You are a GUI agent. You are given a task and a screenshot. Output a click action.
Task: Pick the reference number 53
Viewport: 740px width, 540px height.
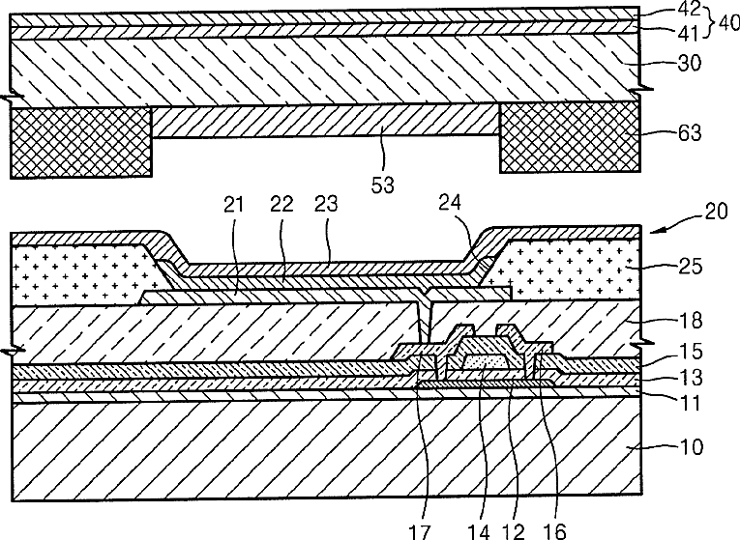[x=382, y=182]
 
